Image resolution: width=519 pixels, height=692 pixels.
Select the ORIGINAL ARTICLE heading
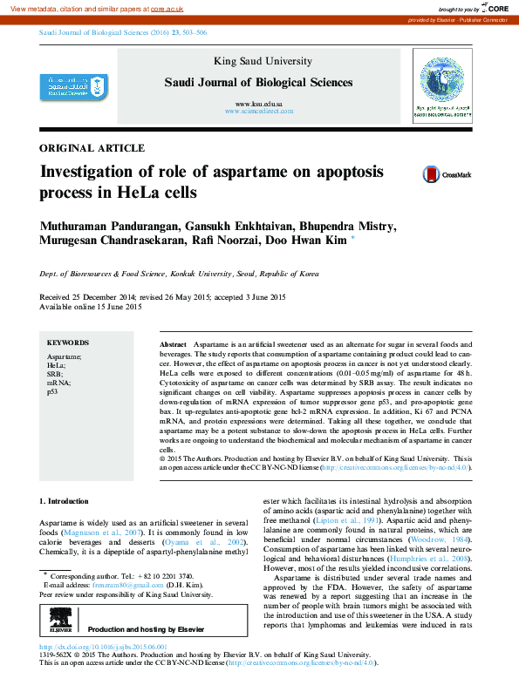pyautogui.click(x=92, y=148)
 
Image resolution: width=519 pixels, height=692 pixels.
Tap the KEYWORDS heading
pyautogui.click(x=67, y=343)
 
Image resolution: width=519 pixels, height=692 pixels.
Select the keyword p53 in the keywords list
pyautogui.click(x=53, y=392)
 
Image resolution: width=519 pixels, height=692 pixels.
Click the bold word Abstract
pyautogui.click(x=173, y=346)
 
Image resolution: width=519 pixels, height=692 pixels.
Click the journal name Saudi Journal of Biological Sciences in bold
pyautogui.click(x=258, y=83)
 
